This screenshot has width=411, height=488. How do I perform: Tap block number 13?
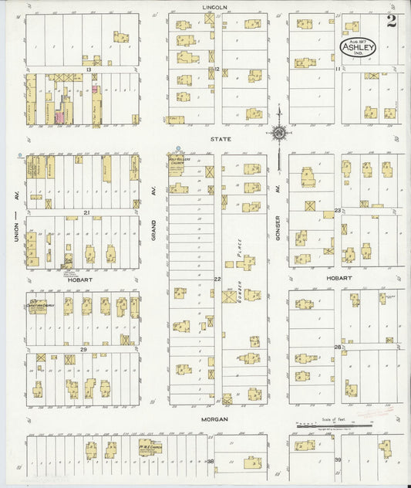point(89,69)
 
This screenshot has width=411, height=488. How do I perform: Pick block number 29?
point(83,349)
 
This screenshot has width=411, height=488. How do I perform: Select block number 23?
point(338,210)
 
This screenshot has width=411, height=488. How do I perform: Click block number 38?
point(210,460)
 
